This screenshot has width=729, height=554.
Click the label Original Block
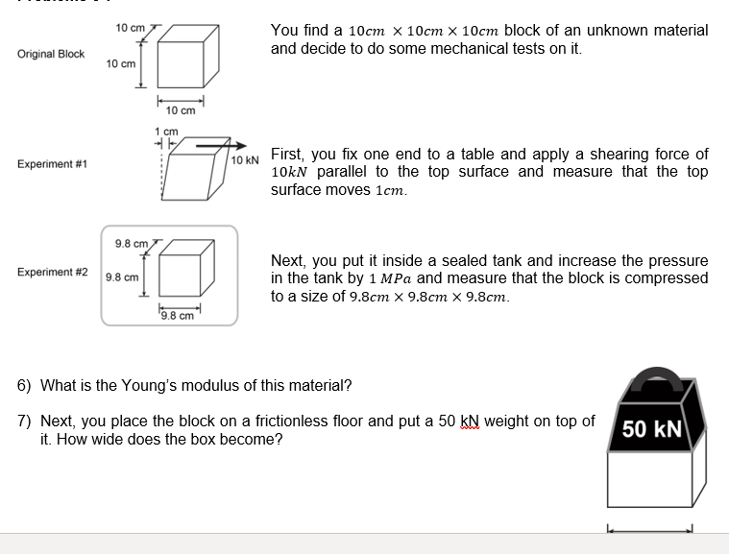[51, 54]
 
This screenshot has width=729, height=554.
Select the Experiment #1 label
[52, 164]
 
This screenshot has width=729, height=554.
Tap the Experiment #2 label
[52, 272]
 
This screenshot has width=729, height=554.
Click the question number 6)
[25, 386]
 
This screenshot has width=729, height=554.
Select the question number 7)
[25, 422]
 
